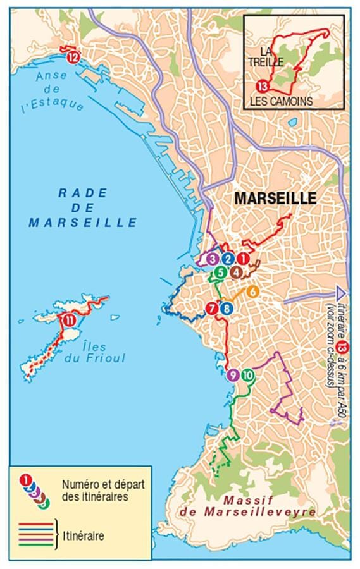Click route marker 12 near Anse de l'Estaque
coord(73,58)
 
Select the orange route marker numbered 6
coord(251,291)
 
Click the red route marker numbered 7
coord(212,308)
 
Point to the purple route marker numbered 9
coord(232,375)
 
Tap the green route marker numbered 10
coord(247,375)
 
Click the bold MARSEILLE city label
coord(275,198)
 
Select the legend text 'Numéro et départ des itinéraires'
coord(94,490)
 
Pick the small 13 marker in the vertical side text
coord(342,346)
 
